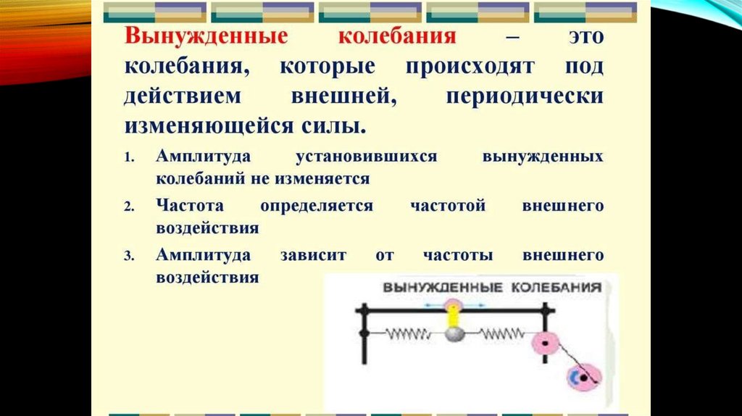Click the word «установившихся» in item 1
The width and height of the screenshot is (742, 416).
[367, 157]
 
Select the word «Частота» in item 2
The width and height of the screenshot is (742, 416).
[188, 206]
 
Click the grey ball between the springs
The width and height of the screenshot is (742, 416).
[454, 334]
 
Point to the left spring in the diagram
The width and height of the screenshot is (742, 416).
[409, 334]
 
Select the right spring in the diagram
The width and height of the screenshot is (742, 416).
[501, 334]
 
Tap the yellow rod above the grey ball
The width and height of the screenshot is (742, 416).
[454, 315]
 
